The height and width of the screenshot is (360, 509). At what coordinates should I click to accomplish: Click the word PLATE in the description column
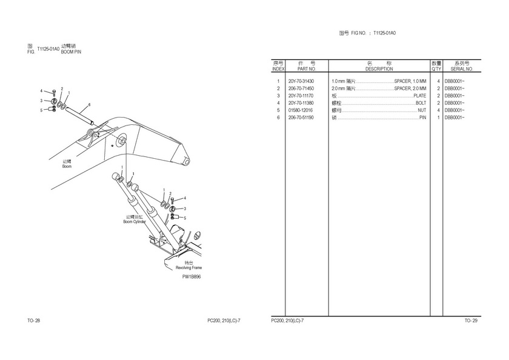click(419, 96)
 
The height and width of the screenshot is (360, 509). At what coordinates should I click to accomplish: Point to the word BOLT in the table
click(421, 103)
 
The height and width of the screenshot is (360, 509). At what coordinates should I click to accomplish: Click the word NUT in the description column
click(422, 110)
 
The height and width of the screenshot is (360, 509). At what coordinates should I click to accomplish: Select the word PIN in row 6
click(422, 118)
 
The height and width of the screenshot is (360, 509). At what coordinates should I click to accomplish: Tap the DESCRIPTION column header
click(379, 69)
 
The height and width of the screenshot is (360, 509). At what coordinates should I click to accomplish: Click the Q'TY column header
click(436, 69)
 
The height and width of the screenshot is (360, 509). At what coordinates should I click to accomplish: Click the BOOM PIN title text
click(71, 52)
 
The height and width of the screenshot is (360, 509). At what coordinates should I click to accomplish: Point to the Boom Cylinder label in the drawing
click(135, 222)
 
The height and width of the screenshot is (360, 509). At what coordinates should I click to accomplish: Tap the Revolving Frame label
click(188, 267)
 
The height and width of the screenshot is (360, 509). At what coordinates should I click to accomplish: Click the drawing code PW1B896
click(191, 276)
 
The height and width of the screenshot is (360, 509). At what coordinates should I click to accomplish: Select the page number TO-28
click(33, 320)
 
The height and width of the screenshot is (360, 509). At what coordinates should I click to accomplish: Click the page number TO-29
click(471, 320)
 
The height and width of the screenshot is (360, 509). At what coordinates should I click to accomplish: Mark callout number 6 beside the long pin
click(88, 104)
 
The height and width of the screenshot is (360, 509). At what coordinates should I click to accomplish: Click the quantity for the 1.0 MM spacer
click(437, 81)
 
